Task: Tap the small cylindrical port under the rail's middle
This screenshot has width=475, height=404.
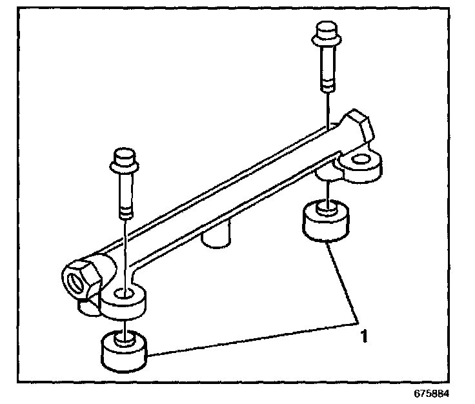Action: point(217,236)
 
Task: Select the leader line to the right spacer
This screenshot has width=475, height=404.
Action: point(343,283)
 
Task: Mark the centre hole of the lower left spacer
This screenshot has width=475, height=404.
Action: point(123,338)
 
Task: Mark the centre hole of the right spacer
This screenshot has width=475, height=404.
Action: point(326,208)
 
